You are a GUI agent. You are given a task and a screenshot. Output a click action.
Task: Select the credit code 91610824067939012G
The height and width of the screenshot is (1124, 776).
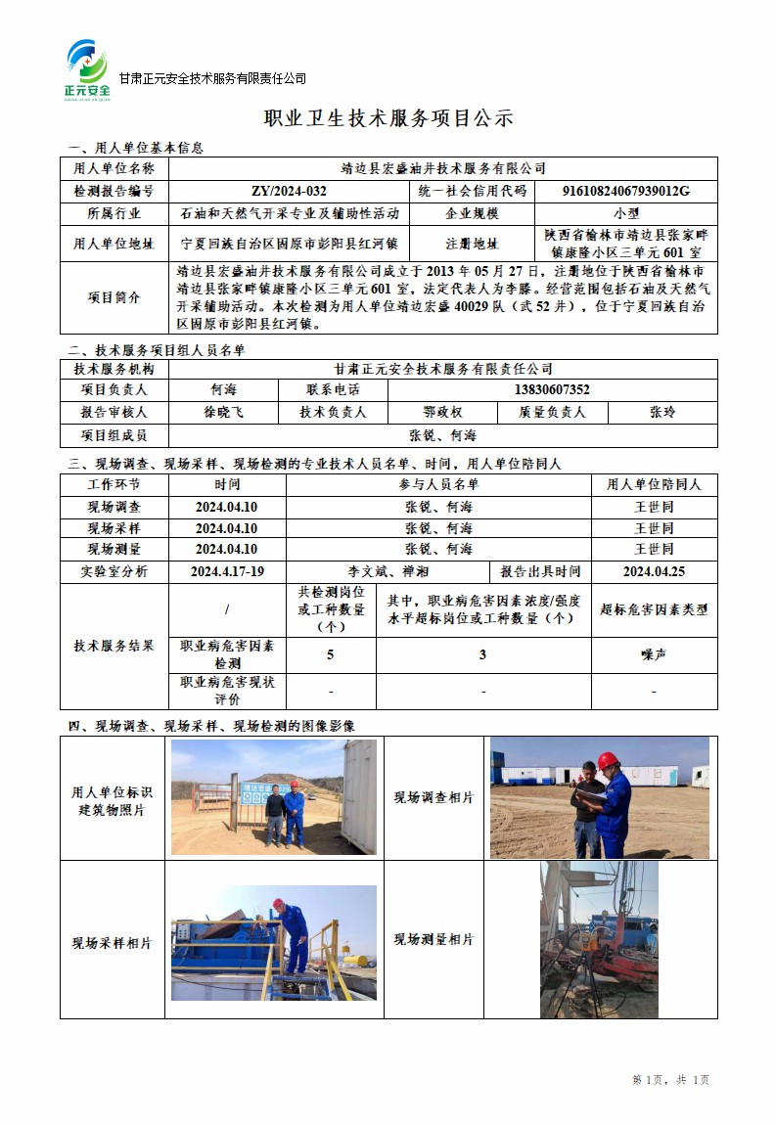coord(627,191)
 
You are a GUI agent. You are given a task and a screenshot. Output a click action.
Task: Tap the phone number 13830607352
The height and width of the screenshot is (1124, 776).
coord(552,390)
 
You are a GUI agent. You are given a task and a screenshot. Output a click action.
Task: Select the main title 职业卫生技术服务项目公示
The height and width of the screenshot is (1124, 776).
coord(388,118)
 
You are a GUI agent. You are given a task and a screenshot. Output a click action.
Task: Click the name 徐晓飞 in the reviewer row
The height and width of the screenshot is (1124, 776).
coord(224,413)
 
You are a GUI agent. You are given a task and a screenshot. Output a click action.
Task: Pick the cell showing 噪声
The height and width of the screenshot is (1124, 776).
coord(654,654)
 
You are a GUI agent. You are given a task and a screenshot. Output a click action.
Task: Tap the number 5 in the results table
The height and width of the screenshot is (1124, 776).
coord(331,654)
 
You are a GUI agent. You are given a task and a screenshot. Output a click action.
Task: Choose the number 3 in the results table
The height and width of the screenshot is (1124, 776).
coord(483,654)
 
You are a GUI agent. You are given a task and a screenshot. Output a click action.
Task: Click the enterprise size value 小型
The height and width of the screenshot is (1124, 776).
coord(626,213)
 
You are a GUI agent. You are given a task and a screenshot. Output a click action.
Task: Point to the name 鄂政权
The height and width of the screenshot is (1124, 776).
coord(442,413)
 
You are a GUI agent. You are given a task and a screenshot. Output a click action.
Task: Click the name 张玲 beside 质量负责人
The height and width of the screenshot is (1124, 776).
coord(662,413)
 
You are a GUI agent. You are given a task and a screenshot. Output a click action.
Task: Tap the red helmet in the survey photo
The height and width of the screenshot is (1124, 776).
coord(608,759)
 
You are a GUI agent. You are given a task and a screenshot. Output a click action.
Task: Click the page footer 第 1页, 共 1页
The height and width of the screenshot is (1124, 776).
coord(671,1079)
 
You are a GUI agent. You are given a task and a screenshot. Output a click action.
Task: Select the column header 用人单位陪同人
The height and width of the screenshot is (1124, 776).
coord(654,484)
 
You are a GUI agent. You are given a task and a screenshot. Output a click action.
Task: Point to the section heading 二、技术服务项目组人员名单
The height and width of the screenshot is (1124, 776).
coord(156,349)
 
